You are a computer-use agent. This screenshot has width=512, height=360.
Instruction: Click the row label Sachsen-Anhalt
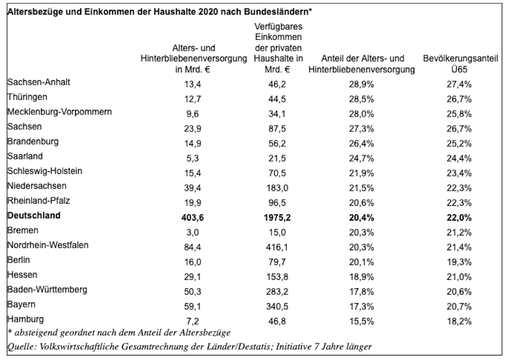coord(39,82)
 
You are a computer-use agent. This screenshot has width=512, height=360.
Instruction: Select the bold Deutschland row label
coord(34,216)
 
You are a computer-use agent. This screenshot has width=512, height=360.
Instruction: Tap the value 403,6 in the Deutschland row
coord(193,218)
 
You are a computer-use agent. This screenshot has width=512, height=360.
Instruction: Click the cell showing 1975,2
coord(277,218)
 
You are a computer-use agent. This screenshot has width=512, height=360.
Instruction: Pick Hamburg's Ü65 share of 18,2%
coord(459,321)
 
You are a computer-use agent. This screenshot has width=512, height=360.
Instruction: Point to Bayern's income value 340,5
coord(277,307)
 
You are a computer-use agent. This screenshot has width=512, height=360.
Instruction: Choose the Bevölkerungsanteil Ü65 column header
coord(460,64)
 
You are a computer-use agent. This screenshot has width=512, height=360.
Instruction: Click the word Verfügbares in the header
coord(278,26)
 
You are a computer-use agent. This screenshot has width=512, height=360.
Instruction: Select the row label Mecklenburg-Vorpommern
coord(60,111)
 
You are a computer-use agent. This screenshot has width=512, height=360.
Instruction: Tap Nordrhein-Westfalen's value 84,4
coord(193,247)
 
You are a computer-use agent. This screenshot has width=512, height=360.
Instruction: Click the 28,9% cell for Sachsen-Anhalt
coord(361,84)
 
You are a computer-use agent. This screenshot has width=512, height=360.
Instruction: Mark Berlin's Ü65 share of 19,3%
coord(459,262)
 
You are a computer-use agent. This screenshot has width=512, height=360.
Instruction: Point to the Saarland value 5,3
coord(193,158)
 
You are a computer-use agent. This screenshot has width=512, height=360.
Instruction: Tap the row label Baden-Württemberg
coord(47,289)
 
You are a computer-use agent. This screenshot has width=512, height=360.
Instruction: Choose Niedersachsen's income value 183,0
coord(277,188)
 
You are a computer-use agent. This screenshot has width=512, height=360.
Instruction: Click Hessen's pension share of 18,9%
coord(361,277)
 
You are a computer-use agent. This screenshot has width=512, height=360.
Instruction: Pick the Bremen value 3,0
coord(193,233)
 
